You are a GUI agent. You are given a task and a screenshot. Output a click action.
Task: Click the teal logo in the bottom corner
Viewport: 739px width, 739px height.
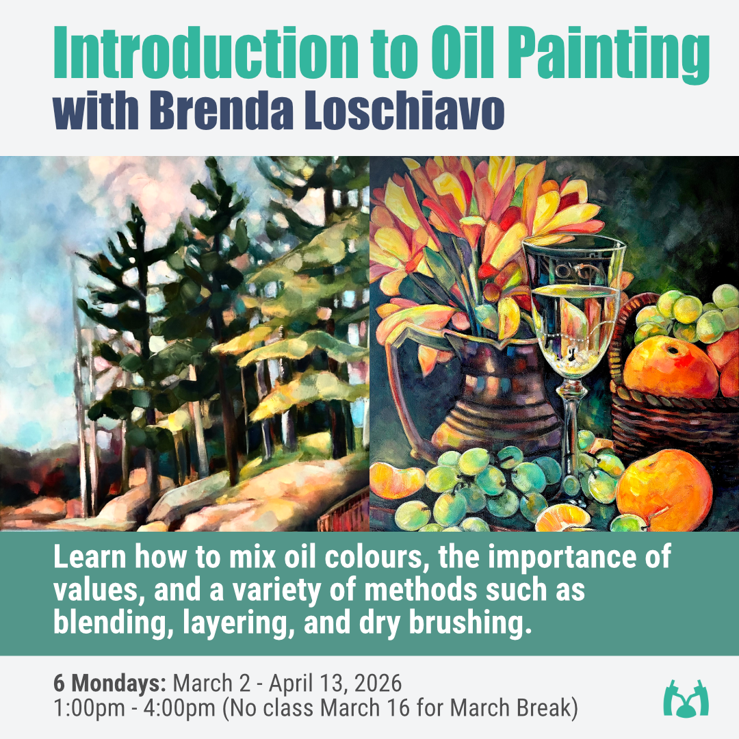tap(686, 699)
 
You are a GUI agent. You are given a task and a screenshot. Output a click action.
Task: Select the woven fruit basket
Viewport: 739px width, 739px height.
tap(657, 411)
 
